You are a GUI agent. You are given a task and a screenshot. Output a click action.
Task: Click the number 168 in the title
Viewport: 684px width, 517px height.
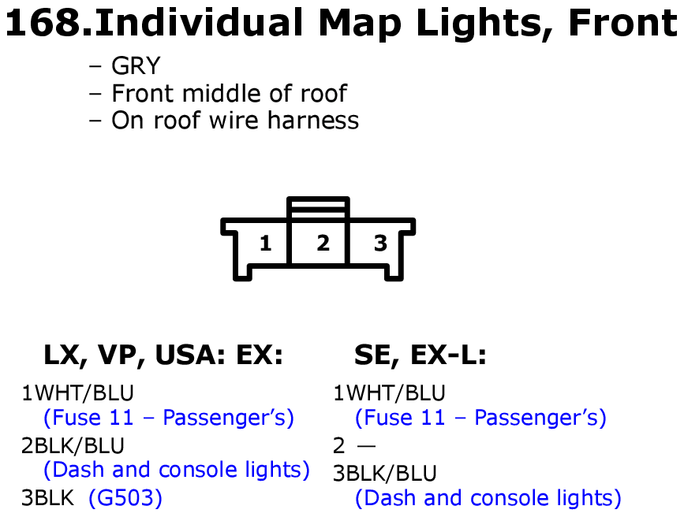tap(43, 23)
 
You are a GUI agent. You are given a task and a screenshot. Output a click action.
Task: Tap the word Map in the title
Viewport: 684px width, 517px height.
tap(361, 24)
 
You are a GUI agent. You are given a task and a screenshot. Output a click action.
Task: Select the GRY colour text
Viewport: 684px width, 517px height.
tap(136, 66)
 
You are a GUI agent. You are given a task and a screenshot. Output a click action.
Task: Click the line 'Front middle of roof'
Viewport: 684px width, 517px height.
tap(229, 93)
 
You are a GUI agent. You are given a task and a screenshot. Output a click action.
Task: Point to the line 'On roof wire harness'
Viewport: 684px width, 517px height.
tap(235, 121)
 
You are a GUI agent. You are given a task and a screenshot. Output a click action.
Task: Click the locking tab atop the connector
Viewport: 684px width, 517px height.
tap(318, 206)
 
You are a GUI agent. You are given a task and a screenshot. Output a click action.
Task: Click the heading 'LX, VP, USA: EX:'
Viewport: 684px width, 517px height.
tap(163, 355)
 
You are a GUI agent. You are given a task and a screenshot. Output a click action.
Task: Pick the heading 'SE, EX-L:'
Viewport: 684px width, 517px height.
tap(420, 355)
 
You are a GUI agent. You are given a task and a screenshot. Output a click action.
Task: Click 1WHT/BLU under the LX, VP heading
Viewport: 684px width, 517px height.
tap(77, 392)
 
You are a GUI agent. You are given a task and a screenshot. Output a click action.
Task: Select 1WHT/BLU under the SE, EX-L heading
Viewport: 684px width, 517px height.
tap(389, 392)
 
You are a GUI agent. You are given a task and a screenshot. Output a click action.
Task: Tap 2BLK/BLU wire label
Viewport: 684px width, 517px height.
tap(73, 445)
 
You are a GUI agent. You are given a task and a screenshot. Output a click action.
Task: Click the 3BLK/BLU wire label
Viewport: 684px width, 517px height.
tap(385, 474)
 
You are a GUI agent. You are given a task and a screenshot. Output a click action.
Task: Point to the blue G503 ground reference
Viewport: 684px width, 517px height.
tap(125, 498)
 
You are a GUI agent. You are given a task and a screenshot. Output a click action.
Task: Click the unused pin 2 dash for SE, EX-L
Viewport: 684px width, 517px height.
tap(366, 446)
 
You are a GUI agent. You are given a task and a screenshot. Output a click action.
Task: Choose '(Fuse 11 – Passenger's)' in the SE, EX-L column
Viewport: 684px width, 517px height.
tap(480, 418)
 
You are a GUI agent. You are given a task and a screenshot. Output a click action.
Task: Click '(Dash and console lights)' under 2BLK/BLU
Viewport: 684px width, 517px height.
tap(177, 470)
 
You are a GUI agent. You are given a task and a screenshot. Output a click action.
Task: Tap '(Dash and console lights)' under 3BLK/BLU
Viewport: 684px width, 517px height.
tap(488, 498)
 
